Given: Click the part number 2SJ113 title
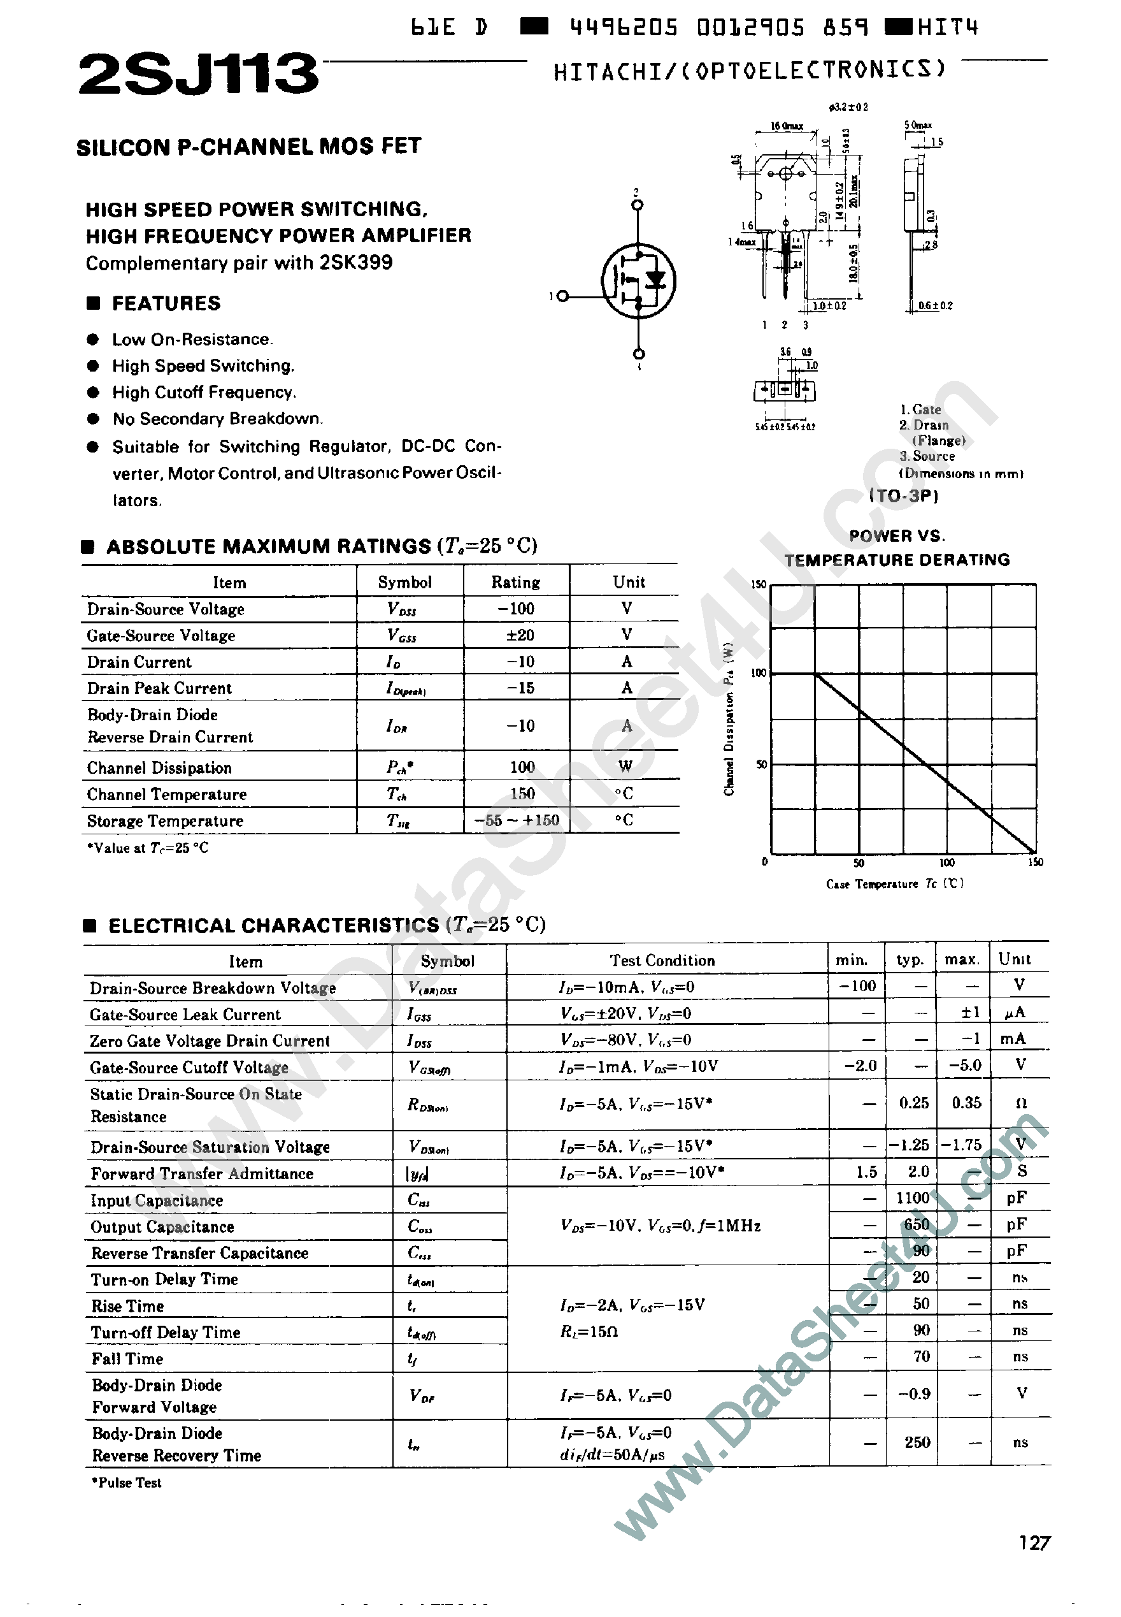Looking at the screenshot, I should [x=198, y=75].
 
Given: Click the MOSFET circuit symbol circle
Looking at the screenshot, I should [x=638, y=281].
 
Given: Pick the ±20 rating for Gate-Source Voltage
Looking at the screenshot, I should [x=520, y=635].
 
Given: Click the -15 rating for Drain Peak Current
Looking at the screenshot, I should [x=520, y=688].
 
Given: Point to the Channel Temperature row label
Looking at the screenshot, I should [x=166, y=795].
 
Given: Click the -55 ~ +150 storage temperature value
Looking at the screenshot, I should [x=517, y=820].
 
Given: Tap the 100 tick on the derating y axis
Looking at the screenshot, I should [x=759, y=673].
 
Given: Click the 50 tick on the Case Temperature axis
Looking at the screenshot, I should [x=859, y=863].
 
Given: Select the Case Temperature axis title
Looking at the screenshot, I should [x=894, y=884].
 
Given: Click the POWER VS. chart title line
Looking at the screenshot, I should [x=896, y=536].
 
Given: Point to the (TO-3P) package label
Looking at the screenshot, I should [x=903, y=496].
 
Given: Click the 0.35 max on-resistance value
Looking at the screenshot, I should [x=966, y=1103].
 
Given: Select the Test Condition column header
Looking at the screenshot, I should [x=662, y=961].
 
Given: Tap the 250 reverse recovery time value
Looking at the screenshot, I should [x=917, y=1442].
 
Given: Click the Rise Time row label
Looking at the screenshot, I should [x=127, y=1307].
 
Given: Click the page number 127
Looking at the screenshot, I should [x=1034, y=1543].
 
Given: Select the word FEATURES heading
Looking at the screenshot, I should [x=166, y=303].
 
